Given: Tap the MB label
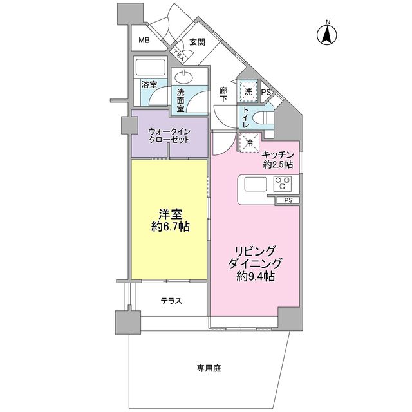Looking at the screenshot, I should (x=144, y=41).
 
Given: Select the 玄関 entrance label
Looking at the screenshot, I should (x=197, y=42).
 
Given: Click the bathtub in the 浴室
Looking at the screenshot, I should (x=151, y=68).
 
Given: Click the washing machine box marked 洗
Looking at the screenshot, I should (x=247, y=91).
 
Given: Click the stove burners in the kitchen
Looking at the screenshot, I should (x=284, y=184).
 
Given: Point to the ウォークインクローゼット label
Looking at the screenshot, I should (x=169, y=135).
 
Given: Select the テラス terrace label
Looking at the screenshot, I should (x=171, y=301).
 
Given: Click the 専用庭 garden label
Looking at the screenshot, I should (x=209, y=368).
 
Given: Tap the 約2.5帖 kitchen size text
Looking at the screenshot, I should (x=277, y=165).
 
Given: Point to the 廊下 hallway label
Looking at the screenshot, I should (x=223, y=95).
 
